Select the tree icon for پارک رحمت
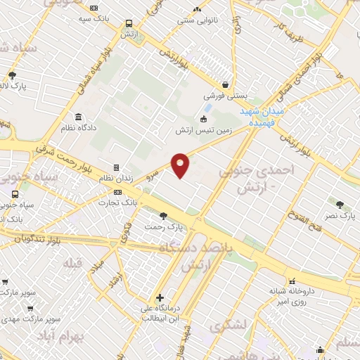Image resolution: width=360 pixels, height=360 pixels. [163, 216]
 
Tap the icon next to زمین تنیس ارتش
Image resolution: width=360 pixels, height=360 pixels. [204, 118]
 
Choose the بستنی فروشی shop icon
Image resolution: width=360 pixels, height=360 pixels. [224, 84]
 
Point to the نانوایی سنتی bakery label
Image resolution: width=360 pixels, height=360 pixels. [193, 20]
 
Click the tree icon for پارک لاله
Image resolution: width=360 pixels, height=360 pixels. [12, 75]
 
